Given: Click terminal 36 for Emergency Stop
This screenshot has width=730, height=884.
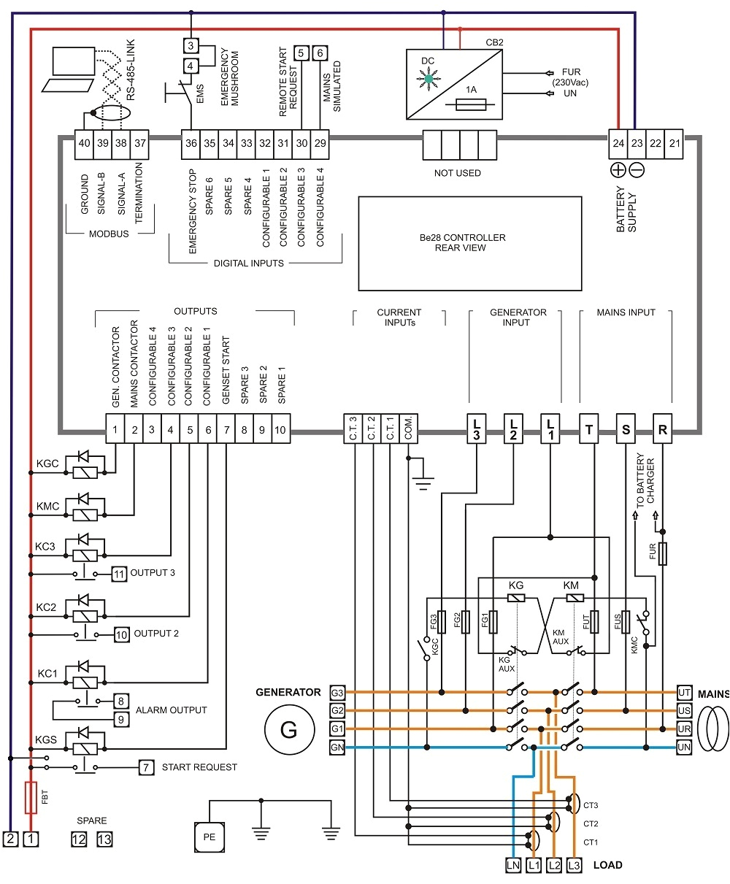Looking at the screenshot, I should click(x=191, y=143).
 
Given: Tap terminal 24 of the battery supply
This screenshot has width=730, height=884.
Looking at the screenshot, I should click(x=618, y=143).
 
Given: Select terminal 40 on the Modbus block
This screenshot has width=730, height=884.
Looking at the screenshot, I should click(x=85, y=143).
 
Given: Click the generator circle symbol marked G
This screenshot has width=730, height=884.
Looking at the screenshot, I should click(x=289, y=729).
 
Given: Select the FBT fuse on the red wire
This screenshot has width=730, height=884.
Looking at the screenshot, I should click(x=31, y=798).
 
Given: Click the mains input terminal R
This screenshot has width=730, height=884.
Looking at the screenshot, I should click(x=663, y=430).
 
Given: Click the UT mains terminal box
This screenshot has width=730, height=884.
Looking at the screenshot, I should click(x=684, y=692).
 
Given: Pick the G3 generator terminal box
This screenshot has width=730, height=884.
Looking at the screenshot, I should click(x=337, y=692).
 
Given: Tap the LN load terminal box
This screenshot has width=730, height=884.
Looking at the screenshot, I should click(x=512, y=865).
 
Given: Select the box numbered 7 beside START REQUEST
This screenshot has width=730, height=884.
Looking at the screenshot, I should click(x=147, y=767).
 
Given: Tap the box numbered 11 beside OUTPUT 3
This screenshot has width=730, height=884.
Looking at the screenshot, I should click(x=119, y=573).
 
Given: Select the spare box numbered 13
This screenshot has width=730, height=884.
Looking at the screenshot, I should click(x=104, y=839).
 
